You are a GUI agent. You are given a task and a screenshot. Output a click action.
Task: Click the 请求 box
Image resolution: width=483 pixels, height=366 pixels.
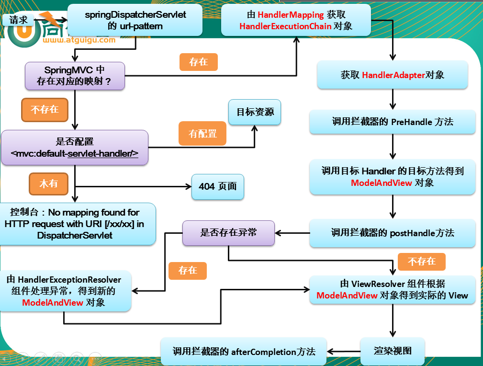[x=18, y=20]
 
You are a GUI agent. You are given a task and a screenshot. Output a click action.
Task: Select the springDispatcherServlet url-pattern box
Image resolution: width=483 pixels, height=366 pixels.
[x=135, y=20]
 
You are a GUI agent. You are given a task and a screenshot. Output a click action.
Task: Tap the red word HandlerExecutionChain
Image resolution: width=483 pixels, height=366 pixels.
[x=285, y=26]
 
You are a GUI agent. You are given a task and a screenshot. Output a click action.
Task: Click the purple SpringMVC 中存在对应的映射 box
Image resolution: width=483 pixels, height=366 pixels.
[x=75, y=76]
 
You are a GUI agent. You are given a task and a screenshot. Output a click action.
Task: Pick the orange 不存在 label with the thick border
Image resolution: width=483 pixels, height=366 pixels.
[x=45, y=110]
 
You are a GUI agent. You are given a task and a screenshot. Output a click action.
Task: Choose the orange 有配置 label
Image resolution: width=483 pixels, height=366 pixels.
[x=202, y=134]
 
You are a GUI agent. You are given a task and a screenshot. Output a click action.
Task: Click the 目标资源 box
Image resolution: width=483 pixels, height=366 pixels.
[x=255, y=112]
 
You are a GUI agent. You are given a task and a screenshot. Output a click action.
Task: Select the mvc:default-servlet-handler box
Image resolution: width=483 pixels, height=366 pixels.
[x=75, y=148]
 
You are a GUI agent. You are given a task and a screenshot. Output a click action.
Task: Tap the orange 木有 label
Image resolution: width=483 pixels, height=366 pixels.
[x=48, y=183]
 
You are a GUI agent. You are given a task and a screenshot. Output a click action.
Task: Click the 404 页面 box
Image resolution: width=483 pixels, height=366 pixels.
[x=218, y=186]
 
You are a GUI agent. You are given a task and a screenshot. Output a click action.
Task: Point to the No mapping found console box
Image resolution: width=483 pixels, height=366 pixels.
[x=78, y=224]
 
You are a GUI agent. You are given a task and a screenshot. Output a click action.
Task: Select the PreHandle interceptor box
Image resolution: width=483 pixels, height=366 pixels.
[x=392, y=122]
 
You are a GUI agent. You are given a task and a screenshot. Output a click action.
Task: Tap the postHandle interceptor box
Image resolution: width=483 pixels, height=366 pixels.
[x=392, y=233]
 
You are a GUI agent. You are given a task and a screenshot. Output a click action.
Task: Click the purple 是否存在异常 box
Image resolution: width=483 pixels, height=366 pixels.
[x=228, y=233]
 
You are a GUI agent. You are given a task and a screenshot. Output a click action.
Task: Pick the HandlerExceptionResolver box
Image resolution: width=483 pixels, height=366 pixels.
[x=66, y=291]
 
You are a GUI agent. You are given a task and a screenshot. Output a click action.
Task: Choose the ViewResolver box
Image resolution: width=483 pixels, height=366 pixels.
[x=392, y=289]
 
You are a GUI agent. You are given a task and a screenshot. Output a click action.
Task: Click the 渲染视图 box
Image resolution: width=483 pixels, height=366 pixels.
[x=392, y=351]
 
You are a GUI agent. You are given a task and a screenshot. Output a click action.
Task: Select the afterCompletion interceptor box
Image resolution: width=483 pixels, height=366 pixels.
[x=244, y=352]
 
